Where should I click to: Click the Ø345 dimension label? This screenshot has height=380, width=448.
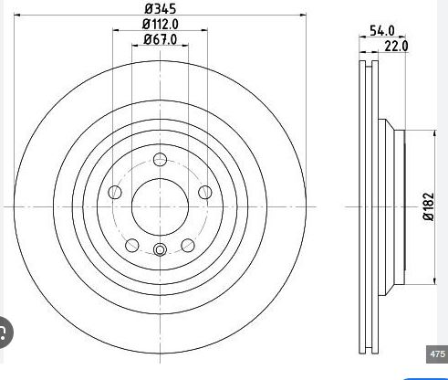(161, 9)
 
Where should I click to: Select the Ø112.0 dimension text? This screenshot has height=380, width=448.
(161, 25)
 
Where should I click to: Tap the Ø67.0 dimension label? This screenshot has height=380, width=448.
(161, 39)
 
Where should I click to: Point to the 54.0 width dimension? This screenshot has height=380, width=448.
(382, 31)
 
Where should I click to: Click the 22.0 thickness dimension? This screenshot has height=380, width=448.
(396, 47)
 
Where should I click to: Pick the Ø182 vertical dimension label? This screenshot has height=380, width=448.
(429, 206)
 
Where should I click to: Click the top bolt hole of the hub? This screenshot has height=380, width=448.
(160, 160)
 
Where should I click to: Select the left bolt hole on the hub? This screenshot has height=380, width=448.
(115, 192)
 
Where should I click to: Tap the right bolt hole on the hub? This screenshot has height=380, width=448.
(205, 192)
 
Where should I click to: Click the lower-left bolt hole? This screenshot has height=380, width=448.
(132, 245)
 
